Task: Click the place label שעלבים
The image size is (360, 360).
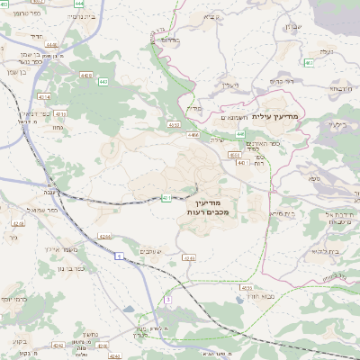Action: point(149,250)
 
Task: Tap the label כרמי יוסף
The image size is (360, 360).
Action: point(13,298)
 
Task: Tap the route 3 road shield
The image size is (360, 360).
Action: point(167,300)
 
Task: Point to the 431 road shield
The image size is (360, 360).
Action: point(166,198)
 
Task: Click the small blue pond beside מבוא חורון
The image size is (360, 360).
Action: point(246,286)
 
